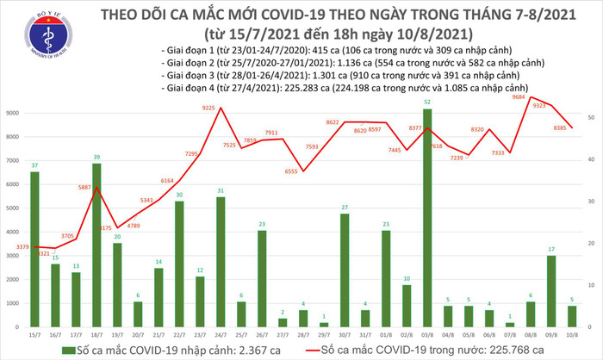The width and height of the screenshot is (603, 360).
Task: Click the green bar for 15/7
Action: tap(34, 250)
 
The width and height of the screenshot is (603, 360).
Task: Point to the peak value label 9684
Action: tap(519, 98)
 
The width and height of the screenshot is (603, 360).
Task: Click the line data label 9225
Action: tap(209, 108)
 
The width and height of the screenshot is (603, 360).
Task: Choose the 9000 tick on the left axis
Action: tap(15, 114)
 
